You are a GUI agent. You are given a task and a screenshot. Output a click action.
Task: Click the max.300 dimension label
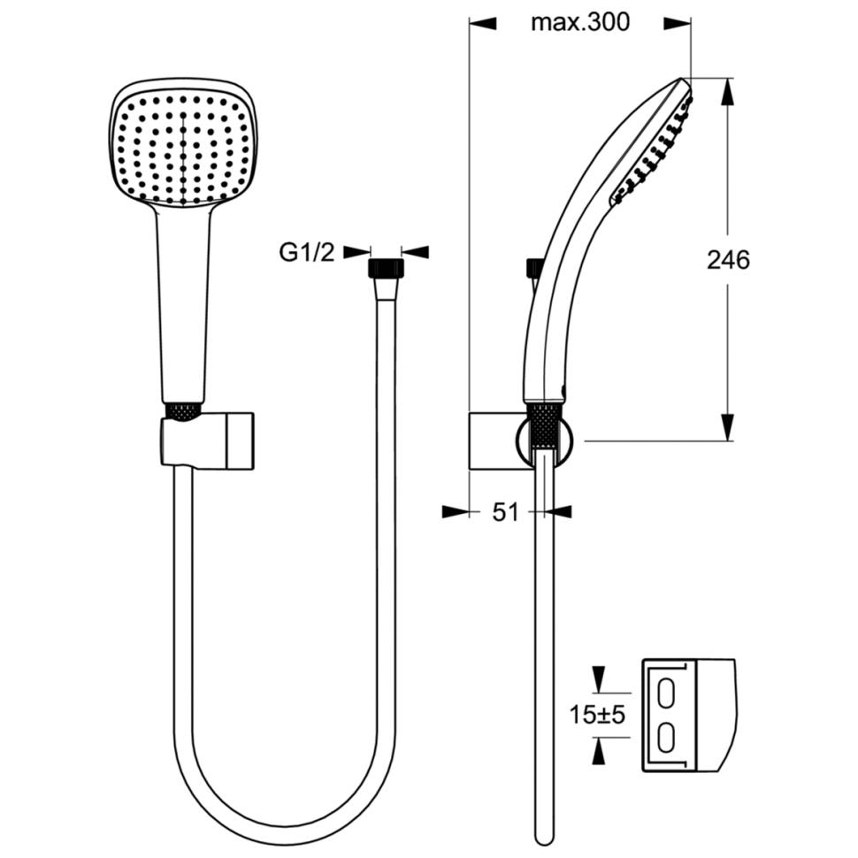pyautogui.click(x=580, y=22)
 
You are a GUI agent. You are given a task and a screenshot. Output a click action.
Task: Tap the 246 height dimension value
pyautogui.click(x=728, y=260)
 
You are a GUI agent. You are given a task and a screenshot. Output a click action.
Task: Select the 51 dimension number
pyautogui.click(x=505, y=513)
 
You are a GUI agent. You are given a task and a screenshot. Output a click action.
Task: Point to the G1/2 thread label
pyautogui.click(x=306, y=252)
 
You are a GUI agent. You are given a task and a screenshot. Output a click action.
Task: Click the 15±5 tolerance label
pyautogui.click(x=597, y=714)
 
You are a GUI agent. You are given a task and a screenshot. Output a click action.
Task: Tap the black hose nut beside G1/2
pyautogui.click(x=387, y=269)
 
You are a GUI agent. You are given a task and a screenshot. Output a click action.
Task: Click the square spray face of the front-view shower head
pyautogui.click(x=183, y=149)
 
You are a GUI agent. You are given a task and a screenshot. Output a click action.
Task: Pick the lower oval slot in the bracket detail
pyautogui.click(x=665, y=739)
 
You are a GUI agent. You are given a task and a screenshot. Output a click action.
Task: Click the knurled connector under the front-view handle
pyautogui.click(x=183, y=412)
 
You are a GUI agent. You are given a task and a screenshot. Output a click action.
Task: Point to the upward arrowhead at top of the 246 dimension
pyautogui.click(x=727, y=91)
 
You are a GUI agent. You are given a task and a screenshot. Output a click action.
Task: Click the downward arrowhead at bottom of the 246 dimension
pyautogui.click(x=727, y=427)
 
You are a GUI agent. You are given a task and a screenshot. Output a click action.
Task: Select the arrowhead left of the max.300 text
pyautogui.click(x=483, y=23)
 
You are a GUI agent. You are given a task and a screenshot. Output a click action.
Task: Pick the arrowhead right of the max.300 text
pyautogui.click(x=678, y=23)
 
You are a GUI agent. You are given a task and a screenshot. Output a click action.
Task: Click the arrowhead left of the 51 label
pyautogui.click(x=456, y=512)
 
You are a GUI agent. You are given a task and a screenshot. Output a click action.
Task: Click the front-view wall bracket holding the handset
pyautogui.click(x=207, y=441)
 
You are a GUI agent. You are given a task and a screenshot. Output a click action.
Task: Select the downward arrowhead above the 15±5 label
pyautogui.click(x=600, y=679)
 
